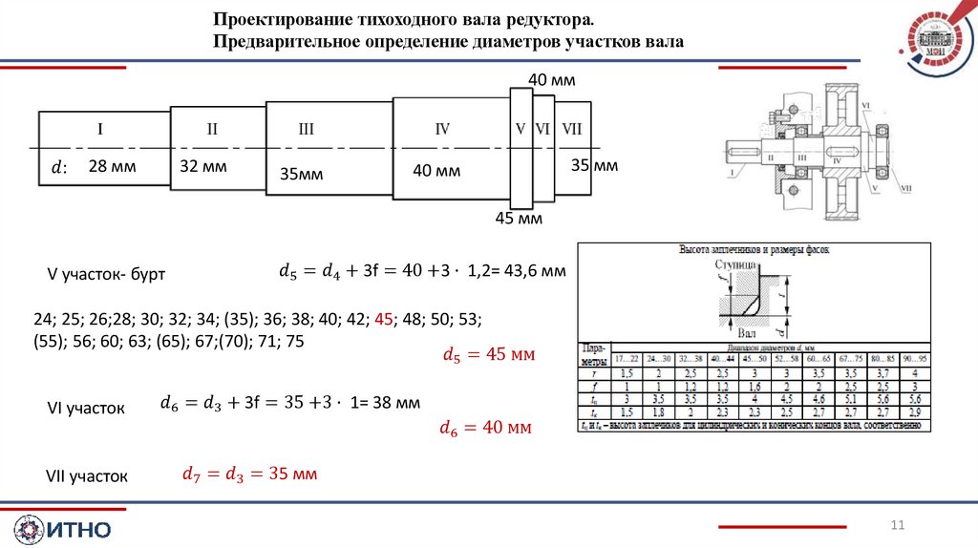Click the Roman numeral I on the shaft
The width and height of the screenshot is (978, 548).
point(100,129)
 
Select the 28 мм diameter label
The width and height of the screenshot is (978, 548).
point(112,166)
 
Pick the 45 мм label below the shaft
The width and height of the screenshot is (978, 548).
point(518,220)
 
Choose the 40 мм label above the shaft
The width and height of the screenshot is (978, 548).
point(551,80)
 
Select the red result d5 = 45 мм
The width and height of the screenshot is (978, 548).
point(487,354)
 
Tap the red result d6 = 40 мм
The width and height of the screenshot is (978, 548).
point(484,428)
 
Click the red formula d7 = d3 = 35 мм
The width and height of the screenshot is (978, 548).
point(249,474)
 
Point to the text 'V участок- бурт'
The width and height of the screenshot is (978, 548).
point(107,274)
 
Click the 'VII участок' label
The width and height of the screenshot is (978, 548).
point(87,475)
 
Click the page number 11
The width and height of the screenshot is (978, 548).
point(897,524)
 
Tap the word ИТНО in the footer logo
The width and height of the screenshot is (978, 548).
point(77,529)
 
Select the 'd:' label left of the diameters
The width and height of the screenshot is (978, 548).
point(59,168)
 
